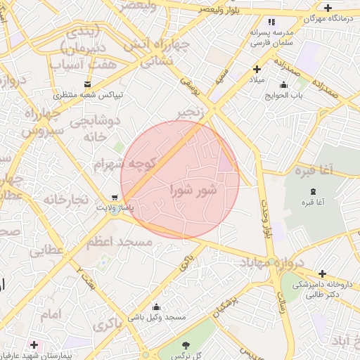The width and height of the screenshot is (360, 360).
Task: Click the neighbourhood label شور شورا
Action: [x=193, y=190]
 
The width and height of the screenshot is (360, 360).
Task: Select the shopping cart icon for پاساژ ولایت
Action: [x=114, y=198]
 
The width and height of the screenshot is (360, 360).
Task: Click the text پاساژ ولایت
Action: [x=114, y=208]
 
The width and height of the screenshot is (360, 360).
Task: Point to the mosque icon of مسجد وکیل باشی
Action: [x=155, y=307]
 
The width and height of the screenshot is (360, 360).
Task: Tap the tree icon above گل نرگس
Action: [x=186, y=345]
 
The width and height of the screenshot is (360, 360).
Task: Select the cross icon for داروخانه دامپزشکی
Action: [x=322, y=274]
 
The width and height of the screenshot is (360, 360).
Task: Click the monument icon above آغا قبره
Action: [x=313, y=192]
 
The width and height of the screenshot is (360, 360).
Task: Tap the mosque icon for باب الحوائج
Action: [x=283, y=85]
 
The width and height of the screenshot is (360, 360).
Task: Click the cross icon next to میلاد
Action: [x=257, y=70]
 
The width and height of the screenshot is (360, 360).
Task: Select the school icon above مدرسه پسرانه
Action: [x=272, y=21]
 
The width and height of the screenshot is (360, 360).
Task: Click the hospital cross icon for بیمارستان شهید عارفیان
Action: [x=34, y=345]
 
